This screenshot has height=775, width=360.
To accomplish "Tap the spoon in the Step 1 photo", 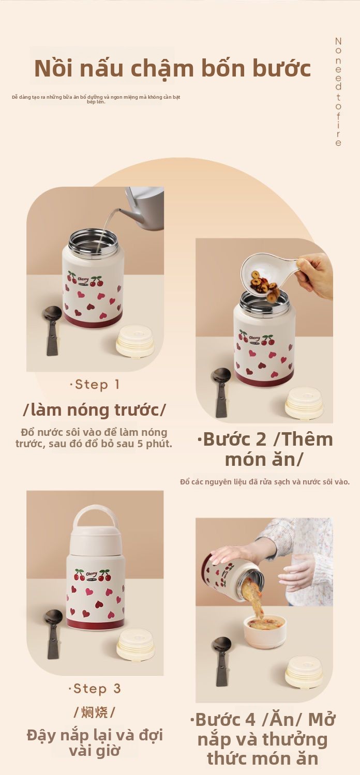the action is [53, 330].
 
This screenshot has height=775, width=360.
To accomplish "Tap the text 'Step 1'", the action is [95, 384].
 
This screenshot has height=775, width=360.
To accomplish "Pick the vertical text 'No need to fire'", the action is [338, 92].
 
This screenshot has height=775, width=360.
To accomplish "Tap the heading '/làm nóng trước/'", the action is [94, 409].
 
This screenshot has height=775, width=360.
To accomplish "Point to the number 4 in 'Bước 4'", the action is [250, 720].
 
